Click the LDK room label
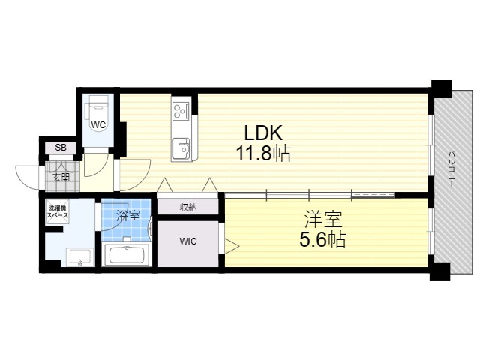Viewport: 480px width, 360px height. coord(263,133)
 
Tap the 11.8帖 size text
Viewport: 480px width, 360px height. coord(263,153)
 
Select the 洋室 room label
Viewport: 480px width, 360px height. coord(322,220)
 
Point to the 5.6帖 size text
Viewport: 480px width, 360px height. coord(322,239)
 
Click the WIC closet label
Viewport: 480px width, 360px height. coord(188,241)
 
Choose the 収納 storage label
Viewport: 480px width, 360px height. coord(188,208)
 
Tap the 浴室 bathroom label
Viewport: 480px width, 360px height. coord(128,216)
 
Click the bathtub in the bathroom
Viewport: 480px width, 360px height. coord(127,255)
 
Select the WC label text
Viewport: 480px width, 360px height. coord(98,125)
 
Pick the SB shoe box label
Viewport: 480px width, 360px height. coord(61,148)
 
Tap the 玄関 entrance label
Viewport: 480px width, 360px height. coord(61,177)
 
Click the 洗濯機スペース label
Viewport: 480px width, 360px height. coord(57,211)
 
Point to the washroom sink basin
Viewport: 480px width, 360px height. coord(79,256)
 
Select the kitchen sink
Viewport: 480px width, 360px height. coord(181,148)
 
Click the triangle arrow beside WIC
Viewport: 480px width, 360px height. coord(232,246)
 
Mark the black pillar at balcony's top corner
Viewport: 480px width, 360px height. coord(441,88)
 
